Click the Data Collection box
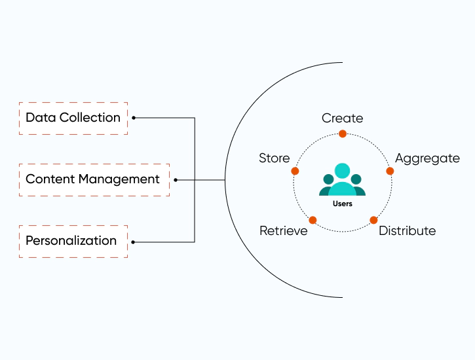pyautogui.click(x=73, y=118)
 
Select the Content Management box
pyautogui.click(x=94, y=179)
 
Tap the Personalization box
pyautogui.click(x=73, y=241)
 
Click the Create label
pyautogui.click(x=342, y=118)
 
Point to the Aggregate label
pyautogui.click(x=427, y=158)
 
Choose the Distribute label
pyautogui.click(x=407, y=231)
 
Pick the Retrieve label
pyautogui.click(x=283, y=231)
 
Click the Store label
pyautogui.click(x=274, y=158)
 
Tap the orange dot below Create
pyautogui.click(x=343, y=134)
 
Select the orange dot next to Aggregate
pyautogui.click(x=390, y=171)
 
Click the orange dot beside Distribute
pyautogui.click(x=373, y=220)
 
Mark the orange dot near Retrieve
pyautogui.click(x=313, y=220)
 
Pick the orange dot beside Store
pyautogui.click(x=295, y=171)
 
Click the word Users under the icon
pyautogui.click(x=343, y=204)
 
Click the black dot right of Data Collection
pyautogui.click(x=134, y=118)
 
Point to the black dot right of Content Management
pyautogui.click(x=176, y=179)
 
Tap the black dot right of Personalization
pyautogui.click(x=134, y=242)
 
